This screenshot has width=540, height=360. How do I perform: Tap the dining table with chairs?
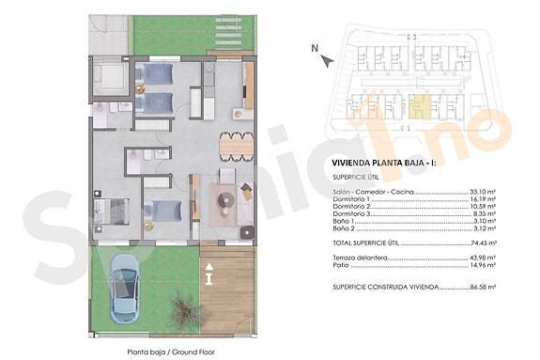(x=234, y=146)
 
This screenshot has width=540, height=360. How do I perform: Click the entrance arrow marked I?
(x=208, y=274)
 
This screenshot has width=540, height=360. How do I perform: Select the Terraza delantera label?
(x=360, y=258)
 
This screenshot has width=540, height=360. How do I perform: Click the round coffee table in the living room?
(x=225, y=198)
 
